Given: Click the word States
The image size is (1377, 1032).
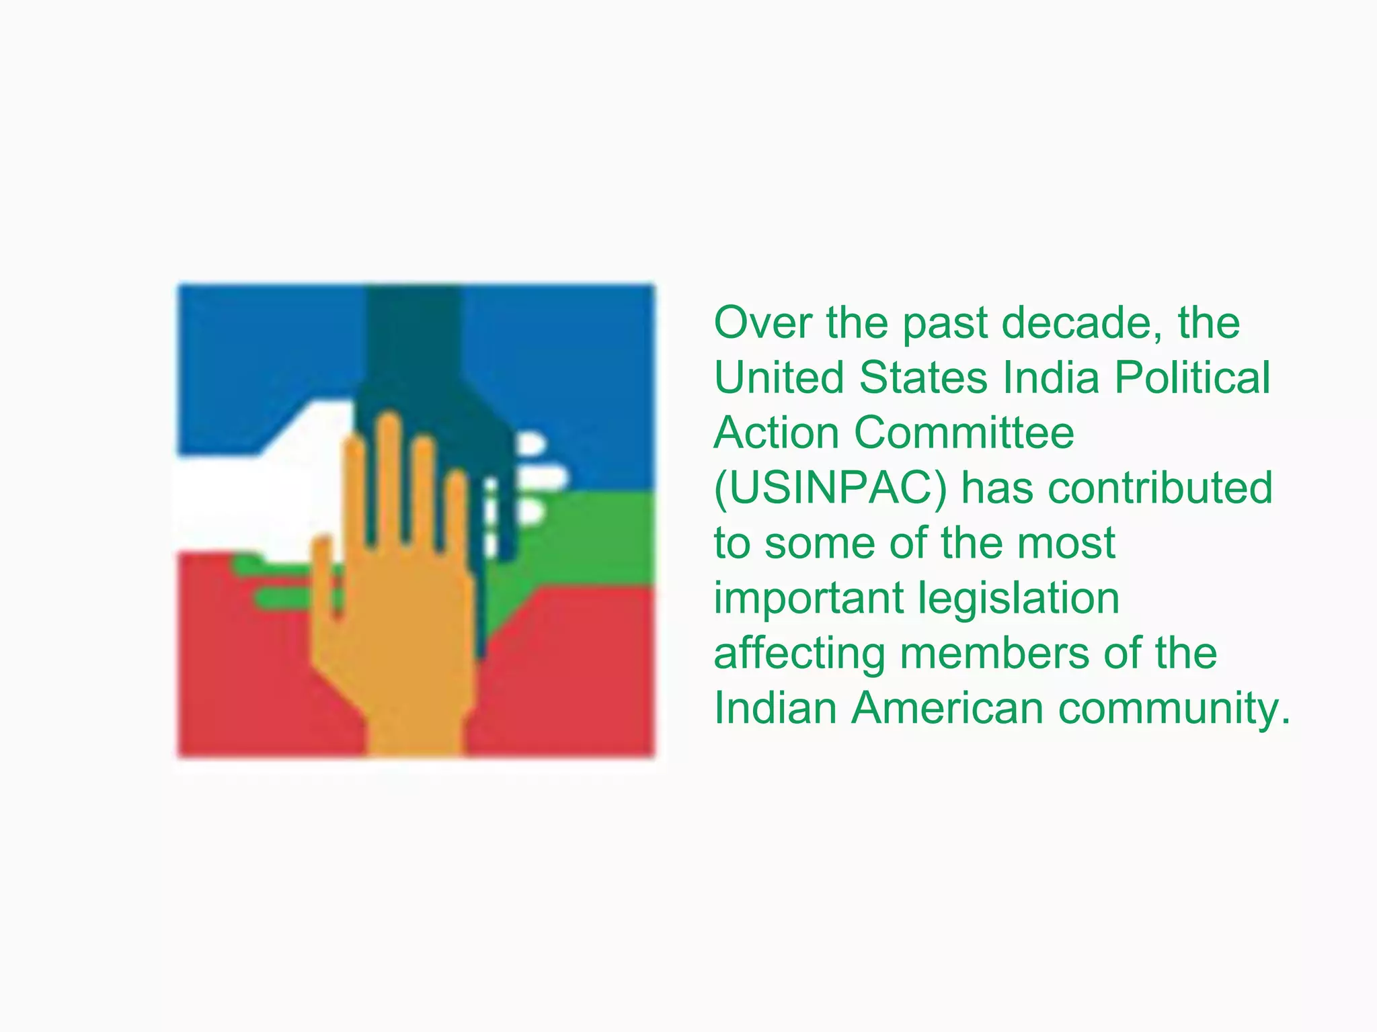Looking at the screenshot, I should (x=924, y=378).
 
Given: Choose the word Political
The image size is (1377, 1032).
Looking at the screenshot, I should (x=1192, y=378).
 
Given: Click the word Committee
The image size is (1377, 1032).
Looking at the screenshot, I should (x=964, y=433).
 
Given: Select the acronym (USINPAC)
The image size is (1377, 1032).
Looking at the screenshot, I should (x=830, y=488).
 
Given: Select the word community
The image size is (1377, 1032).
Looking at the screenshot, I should (x=1174, y=709).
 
